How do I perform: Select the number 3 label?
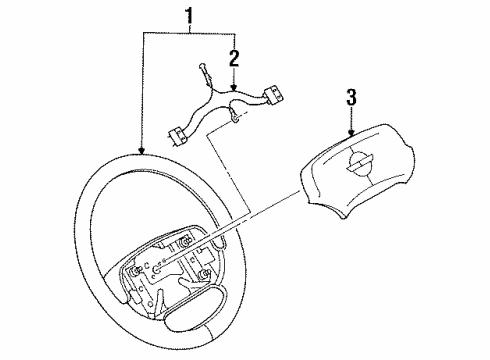[x=351, y=97]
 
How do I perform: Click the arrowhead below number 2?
[x=234, y=91]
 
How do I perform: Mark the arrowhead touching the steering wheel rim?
[x=144, y=151]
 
